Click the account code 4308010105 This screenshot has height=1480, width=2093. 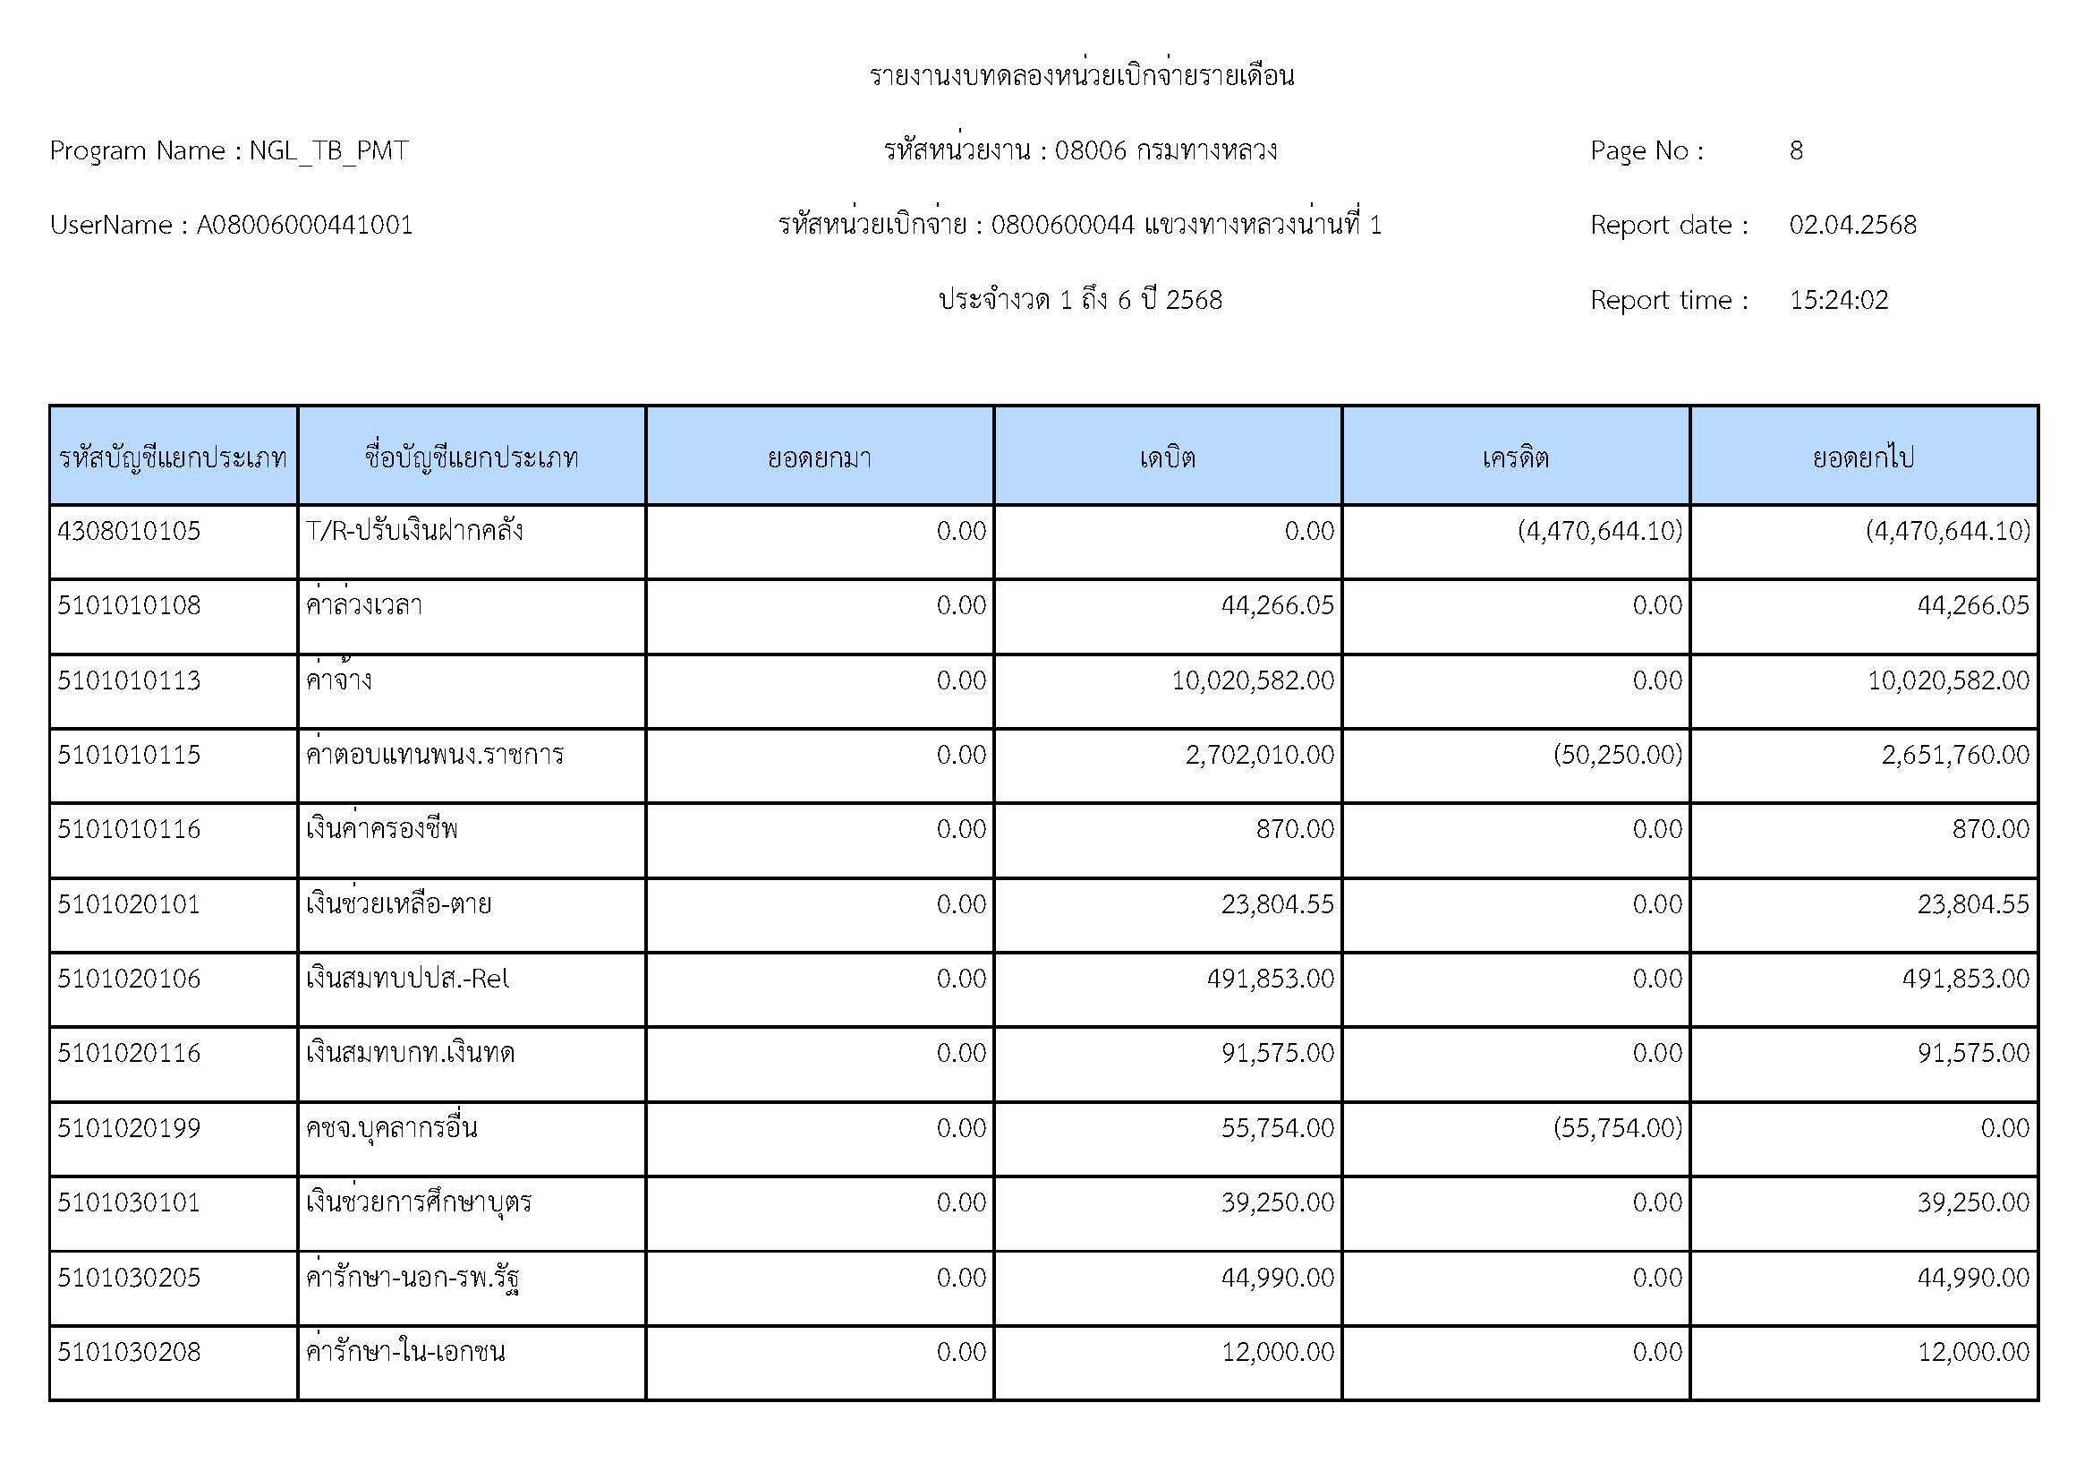tap(129, 531)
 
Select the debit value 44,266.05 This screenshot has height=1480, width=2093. tap(1277, 605)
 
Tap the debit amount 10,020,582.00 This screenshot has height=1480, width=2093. tap(1253, 680)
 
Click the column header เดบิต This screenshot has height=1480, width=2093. tap(1167, 457)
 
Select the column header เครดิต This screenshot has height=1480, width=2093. tap(1515, 457)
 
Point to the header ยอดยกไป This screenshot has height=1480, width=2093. tap(1863, 457)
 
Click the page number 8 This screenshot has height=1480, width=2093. tap(1796, 150)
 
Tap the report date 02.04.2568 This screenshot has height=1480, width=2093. tap(1852, 226)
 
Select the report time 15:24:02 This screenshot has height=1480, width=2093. tap(1839, 300)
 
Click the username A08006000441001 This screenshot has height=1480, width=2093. tap(304, 226)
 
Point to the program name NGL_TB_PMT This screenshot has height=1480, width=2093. tap(328, 150)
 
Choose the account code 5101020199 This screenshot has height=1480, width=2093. tap(129, 1128)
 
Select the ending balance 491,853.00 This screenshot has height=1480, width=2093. tap(1965, 979)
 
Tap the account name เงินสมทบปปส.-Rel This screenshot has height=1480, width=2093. tap(407, 979)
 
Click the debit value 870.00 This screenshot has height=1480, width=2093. tap(1295, 829)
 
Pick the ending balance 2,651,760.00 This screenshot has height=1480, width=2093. tap(1955, 755)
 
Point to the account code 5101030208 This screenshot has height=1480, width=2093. tap(129, 1351)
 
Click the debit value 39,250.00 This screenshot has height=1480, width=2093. tap(1277, 1202)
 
